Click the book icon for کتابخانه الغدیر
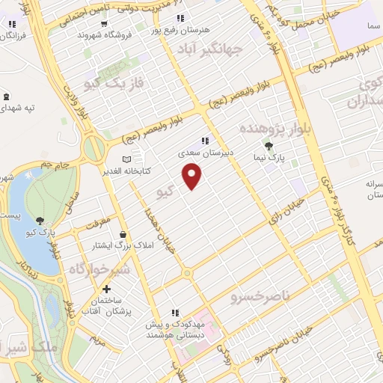pyautogui.click(x=125, y=159)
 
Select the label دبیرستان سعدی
pyautogui.click(x=203, y=151)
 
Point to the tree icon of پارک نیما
pyautogui.click(x=269, y=146)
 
